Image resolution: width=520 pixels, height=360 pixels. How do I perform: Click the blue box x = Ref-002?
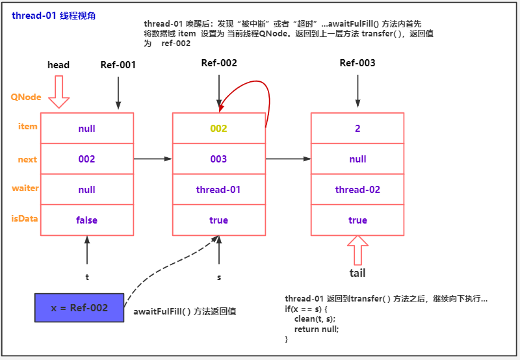pos(79,307)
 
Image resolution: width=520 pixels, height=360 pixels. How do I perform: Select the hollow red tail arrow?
pos(357,250)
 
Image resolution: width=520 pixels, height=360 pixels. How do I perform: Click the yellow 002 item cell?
pos(218,129)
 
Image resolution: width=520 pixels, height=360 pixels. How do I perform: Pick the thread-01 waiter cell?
pos(218,190)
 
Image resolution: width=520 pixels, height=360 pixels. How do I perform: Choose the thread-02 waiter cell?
pos(357,190)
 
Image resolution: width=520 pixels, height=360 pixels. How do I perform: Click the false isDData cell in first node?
pos(86,220)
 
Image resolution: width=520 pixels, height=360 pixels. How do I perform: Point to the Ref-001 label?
pos(118,65)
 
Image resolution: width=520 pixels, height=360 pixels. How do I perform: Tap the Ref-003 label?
pos(357,63)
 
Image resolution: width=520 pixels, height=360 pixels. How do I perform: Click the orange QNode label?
pos(26,97)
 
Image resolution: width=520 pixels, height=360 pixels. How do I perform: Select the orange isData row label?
pos(25,218)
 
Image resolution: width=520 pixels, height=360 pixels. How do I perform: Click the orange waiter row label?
pos(25,188)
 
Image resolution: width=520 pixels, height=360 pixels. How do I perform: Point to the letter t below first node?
pos(87,277)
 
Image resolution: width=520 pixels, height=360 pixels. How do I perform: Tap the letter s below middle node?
pos(219,277)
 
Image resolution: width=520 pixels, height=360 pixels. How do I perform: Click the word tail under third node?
pos(357,273)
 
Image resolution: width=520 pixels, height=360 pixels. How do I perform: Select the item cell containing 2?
pos(357,129)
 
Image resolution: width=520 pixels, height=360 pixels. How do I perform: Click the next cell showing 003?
pos(218,159)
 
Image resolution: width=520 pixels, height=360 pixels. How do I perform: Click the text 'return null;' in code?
pos(317,329)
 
